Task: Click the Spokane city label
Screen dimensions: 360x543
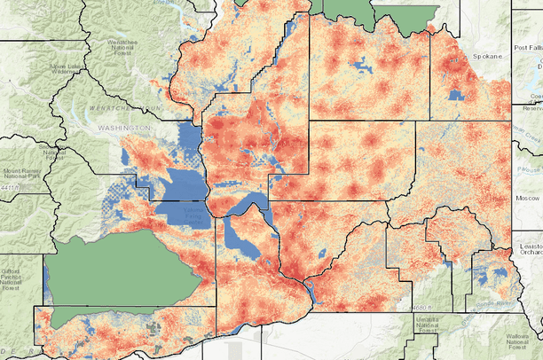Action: click(486, 56)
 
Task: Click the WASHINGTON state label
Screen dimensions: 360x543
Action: click(125, 129)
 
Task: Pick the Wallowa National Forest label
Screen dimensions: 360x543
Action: click(524, 341)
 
